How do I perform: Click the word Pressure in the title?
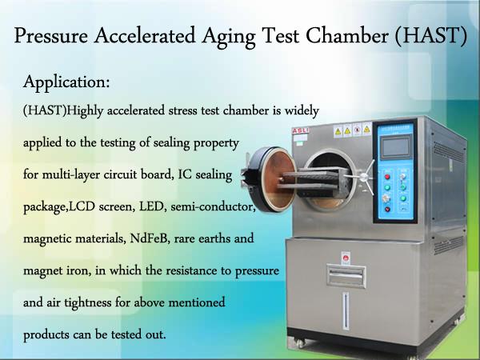click(51, 36)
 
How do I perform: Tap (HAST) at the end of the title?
click(431, 36)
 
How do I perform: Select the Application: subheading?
click(66, 82)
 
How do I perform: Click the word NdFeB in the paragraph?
click(150, 238)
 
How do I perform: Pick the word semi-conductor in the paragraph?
click(214, 206)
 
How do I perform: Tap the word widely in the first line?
click(302, 111)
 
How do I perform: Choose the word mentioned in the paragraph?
click(197, 302)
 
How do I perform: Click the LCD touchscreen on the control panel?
click(396, 147)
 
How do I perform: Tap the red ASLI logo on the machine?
click(300, 130)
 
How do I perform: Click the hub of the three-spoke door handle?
click(364, 177)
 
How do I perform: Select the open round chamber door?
click(270, 180)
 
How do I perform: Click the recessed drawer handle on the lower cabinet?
click(346, 276)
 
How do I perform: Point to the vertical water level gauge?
click(346, 310)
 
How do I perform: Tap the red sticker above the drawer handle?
click(346, 258)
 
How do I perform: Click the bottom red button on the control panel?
click(387, 210)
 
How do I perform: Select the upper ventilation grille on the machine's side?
click(449, 150)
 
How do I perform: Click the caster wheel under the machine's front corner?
click(300, 343)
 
